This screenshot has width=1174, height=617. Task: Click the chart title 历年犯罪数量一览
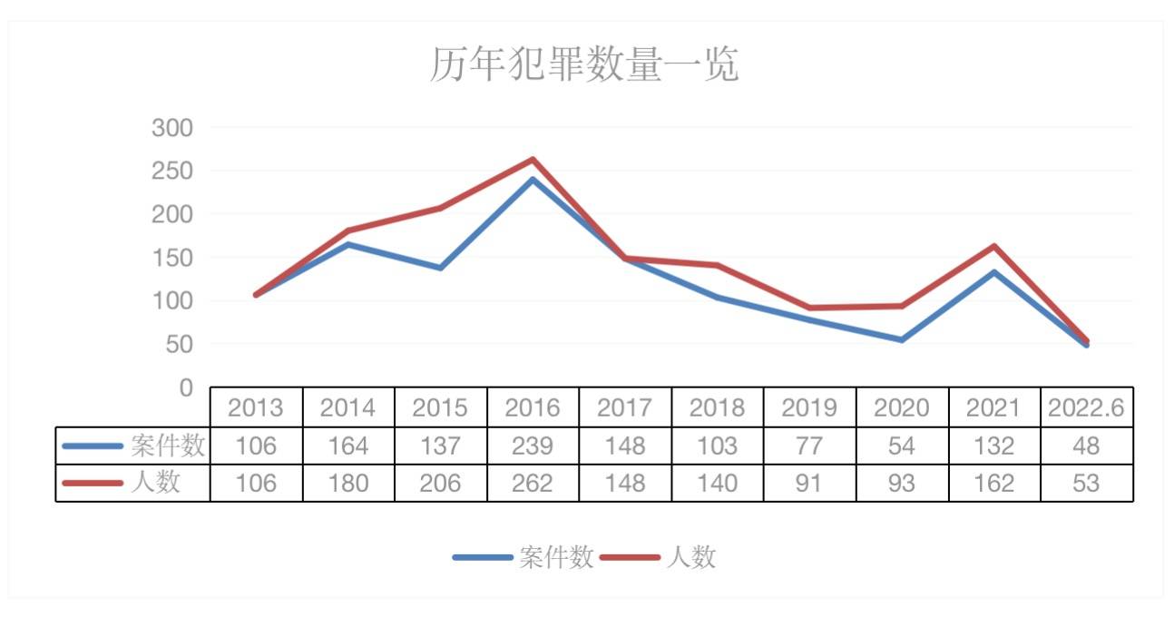pyautogui.click(x=585, y=65)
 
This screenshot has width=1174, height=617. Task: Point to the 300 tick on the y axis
pyautogui.click(x=172, y=128)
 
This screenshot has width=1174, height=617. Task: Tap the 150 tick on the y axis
pyautogui.click(x=172, y=258)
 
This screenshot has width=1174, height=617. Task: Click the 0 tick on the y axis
pyautogui.click(x=186, y=388)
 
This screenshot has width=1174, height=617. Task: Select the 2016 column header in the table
pyautogui.click(x=533, y=408)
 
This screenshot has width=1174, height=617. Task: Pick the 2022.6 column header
pyautogui.click(x=1086, y=408)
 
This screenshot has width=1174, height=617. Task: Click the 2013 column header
pyautogui.click(x=256, y=408)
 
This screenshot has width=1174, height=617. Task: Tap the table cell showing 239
pyautogui.click(x=533, y=446)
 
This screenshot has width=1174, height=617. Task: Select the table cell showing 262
pyautogui.click(x=533, y=483)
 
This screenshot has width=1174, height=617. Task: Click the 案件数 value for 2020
pyautogui.click(x=902, y=446)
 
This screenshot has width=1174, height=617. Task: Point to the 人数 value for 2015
pyautogui.click(x=440, y=483)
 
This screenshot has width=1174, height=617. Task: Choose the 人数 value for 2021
pyautogui.click(x=993, y=483)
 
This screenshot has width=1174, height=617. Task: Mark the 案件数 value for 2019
pyautogui.click(x=809, y=446)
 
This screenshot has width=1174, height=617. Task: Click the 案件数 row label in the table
pyautogui.click(x=168, y=446)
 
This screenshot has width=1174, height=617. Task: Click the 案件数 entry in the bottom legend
pyautogui.click(x=556, y=557)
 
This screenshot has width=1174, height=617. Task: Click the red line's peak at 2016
pyautogui.click(x=533, y=160)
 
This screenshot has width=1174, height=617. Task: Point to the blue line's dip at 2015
pyautogui.click(x=440, y=268)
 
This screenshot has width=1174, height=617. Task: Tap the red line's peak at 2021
pyautogui.click(x=993, y=246)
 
